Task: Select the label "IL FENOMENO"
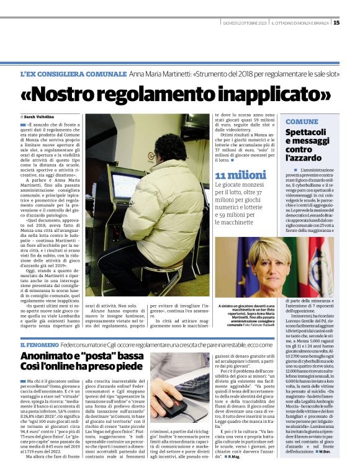(x=39, y=344)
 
